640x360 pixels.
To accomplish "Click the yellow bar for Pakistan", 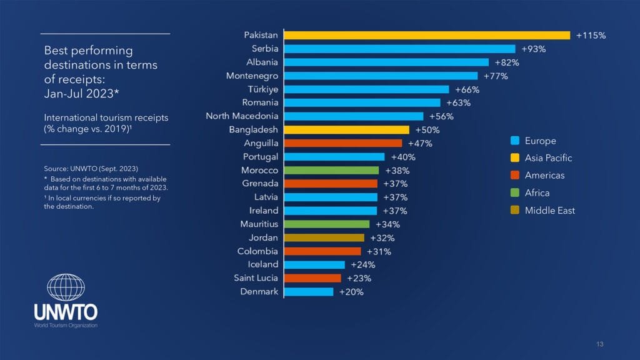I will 427,36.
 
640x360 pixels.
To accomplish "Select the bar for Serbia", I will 400,49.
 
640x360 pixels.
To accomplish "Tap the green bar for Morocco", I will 332,170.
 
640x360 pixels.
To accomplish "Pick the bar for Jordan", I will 324,237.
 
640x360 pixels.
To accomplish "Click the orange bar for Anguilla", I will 343,143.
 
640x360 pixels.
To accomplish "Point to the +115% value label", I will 591,36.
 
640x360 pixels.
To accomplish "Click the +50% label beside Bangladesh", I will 427,130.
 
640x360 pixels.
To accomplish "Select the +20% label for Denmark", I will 351,291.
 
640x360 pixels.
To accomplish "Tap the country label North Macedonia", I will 242,116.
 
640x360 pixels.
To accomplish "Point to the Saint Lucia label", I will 256,278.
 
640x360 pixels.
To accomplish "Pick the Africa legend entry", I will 537,193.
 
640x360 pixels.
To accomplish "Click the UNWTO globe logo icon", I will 66,288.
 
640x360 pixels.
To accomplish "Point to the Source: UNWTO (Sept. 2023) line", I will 91,169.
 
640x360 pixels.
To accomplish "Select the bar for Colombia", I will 322,251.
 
